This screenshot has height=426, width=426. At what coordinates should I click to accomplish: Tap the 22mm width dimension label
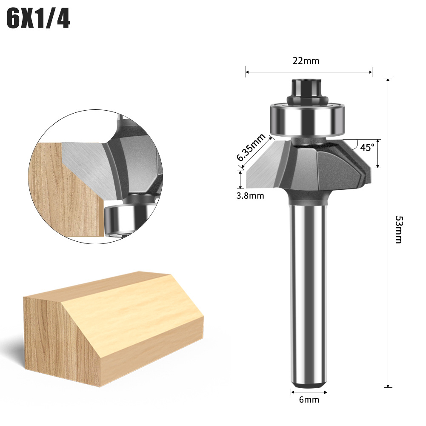click(306, 60)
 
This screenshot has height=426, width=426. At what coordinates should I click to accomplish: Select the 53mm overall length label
click(399, 229)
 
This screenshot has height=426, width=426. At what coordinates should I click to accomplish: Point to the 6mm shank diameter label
click(309, 400)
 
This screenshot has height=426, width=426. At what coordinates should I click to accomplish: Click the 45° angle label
click(367, 147)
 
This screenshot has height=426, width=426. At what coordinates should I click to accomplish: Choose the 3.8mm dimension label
click(250, 196)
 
